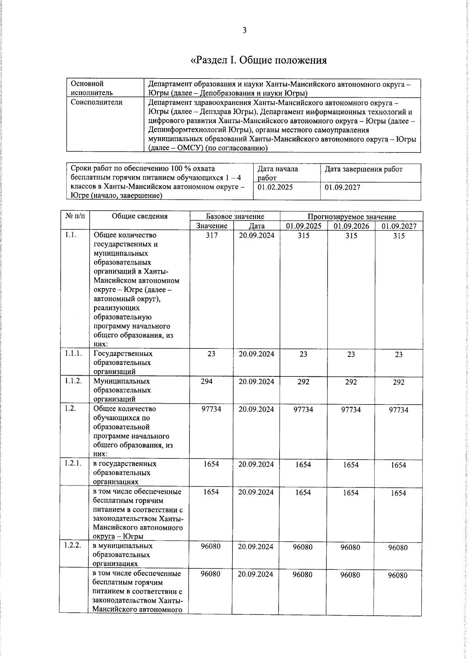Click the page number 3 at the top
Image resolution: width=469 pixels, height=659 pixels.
pos(244,30)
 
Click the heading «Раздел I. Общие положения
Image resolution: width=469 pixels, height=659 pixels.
pos(258,60)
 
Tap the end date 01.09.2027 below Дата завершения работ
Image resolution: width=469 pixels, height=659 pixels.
pos(342,187)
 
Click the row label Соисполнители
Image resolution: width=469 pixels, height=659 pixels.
pos(97,102)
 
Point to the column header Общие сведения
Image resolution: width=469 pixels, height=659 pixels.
pos(140,216)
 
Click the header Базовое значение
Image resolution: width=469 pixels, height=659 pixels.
pos(235,216)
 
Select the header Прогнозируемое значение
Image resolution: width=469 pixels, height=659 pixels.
pos(351,217)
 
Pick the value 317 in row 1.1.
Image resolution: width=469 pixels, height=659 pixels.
pos(211,235)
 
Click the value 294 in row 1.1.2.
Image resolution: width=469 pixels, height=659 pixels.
pos(207,381)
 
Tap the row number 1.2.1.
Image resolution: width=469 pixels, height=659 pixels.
pos(73,464)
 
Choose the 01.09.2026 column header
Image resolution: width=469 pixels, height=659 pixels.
pos(351,226)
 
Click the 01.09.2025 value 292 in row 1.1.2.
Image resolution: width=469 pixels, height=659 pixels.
pos(303,381)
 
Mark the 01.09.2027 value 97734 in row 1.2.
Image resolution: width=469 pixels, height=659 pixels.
pos(399,410)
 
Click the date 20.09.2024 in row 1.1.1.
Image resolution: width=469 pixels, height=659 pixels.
pos(256,354)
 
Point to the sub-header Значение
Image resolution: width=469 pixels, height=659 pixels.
pos(211,226)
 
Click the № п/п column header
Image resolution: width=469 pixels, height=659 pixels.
pos(75,216)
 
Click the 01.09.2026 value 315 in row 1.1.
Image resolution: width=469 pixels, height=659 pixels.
pos(351,236)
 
